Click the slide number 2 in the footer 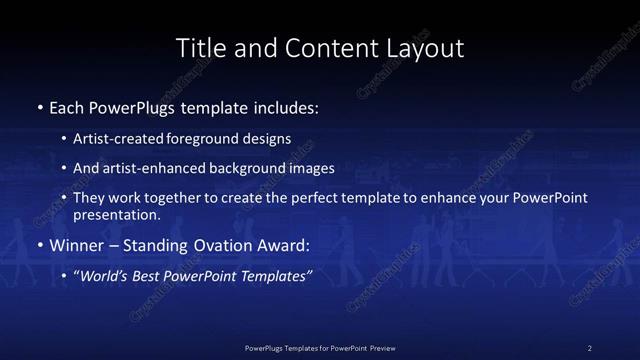coord(590,347)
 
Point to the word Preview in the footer coord(377,347)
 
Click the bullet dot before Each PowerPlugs coord(40,105)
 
